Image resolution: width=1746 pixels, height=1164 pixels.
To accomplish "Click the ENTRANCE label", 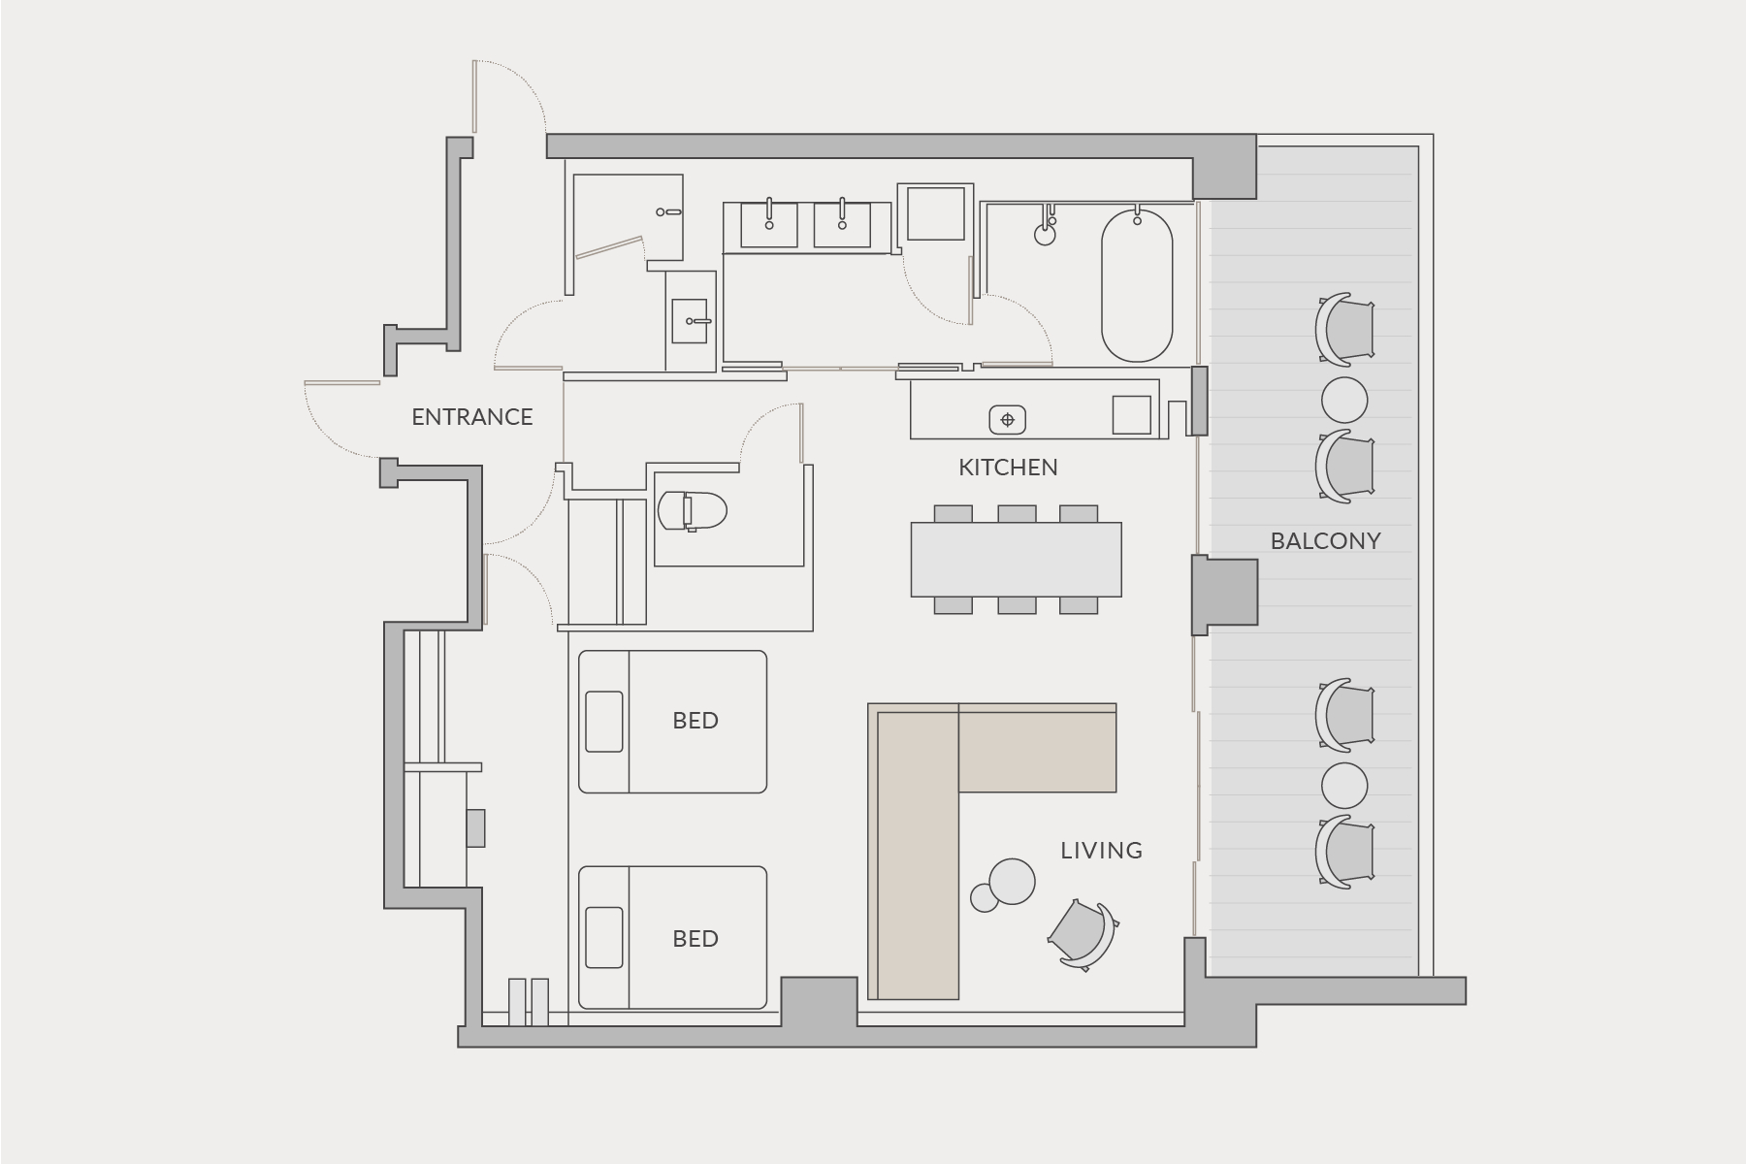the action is pos(472,417).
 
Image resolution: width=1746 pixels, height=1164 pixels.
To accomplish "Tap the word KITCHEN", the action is pos(1008,468).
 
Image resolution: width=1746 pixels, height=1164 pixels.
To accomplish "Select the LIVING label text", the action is pos(1101,851).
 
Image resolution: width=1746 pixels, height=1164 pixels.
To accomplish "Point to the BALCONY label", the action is pos(1325,541).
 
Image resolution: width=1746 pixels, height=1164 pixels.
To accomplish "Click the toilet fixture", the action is pos(693,510).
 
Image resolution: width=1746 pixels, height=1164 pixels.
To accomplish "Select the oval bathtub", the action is pos(1136,285).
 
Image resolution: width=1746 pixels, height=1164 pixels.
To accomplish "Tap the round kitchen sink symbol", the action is pos(1007,420).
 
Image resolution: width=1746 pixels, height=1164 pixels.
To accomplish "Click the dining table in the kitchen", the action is pos(1016,560).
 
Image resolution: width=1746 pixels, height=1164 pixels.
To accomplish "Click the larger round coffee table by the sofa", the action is pos(1012,882).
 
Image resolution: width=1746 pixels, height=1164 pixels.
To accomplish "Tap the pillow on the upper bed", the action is pos(603,721).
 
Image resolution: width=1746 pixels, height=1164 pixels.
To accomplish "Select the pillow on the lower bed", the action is pos(603,937).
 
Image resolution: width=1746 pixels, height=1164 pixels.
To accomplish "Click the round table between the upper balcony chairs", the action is pos(1344,399).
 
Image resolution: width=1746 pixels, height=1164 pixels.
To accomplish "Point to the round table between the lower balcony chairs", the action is pos(1344,786).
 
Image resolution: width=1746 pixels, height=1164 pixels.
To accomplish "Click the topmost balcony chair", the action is pos(1344,327).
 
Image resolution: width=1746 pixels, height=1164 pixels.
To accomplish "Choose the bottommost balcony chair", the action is pos(1344,852).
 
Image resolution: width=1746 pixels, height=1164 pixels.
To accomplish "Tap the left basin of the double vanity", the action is pos(769,225).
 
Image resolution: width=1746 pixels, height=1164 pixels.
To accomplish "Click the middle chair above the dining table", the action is pos(1016,513).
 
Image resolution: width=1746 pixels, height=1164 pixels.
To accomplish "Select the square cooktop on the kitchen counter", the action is pos(1131,414).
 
